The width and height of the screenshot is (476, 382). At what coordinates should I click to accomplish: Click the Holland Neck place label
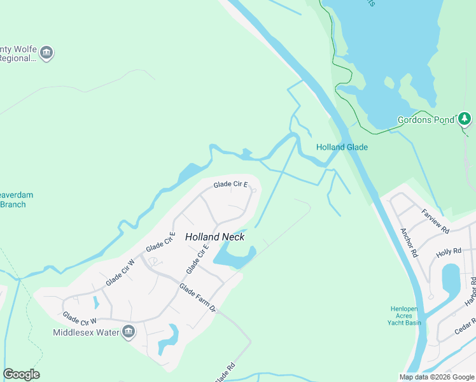(214, 237)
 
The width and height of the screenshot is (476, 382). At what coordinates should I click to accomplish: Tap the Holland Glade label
(342, 147)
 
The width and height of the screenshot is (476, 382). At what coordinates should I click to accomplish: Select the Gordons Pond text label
(426, 119)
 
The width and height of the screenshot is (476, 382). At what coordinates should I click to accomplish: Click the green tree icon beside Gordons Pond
(465, 118)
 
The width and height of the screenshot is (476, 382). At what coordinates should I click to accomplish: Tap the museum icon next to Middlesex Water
(129, 331)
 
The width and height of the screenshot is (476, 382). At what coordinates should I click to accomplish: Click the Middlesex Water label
(86, 332)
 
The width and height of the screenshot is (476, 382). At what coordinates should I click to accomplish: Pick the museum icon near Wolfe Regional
(46, 53)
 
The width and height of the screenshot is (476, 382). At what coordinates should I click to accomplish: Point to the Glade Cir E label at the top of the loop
(230, 185)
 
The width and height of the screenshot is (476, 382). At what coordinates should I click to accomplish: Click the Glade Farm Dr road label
(197, 299)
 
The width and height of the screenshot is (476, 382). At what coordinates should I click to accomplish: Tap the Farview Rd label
(435, 220)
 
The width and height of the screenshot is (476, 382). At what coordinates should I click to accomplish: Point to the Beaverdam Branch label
(17, 199)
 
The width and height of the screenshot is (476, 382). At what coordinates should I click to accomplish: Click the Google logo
(21, 374)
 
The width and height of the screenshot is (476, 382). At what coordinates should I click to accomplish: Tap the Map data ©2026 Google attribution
(437, 377)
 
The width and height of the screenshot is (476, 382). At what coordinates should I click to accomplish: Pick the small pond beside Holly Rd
(451, 278)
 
